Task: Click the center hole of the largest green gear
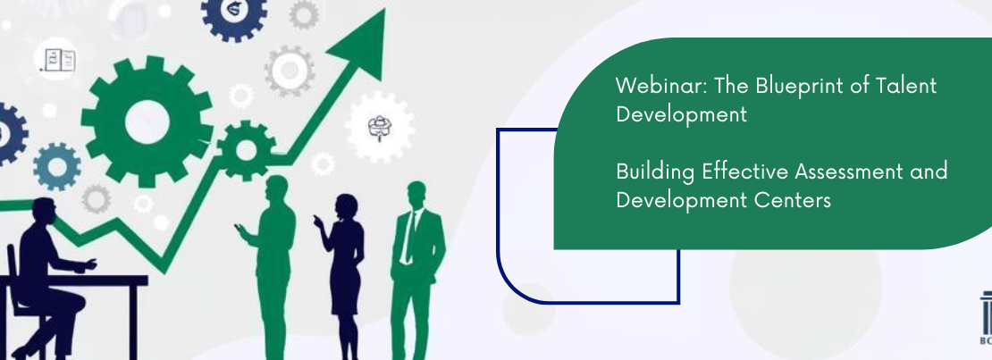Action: [x=147, y=121]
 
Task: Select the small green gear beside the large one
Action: [x=246, y=151]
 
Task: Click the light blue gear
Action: [x=57, y=167]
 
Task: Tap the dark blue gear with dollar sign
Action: [x=233, y=11]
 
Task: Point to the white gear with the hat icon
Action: [x=380, y=127]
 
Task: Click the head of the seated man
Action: [x=43, y=213]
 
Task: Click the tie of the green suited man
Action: [x=410, y=237]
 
